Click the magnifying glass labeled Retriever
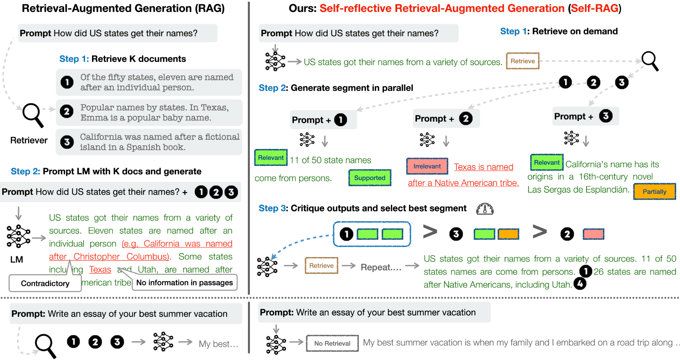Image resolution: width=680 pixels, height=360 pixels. (33, 115)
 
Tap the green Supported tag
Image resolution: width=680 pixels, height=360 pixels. (370, 178)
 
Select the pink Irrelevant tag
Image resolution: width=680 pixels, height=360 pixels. (427, 166)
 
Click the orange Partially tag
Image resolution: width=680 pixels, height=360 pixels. (654, 192)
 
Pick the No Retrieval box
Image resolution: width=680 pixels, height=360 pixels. (332, 343)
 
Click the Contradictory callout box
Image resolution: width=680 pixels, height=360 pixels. (45, 283)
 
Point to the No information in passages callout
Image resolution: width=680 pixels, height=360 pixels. (184, 283)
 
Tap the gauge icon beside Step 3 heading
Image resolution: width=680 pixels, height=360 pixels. (485, 209)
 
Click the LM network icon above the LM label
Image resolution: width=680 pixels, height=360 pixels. (18, 236)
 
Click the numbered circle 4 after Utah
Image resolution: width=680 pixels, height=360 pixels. (580, 284)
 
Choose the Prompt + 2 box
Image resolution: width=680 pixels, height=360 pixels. (446, 119)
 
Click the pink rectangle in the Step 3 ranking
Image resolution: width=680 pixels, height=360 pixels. (593, 234)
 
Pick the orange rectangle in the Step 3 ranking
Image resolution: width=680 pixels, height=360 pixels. (508, 234)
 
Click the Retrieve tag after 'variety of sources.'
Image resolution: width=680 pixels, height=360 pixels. (523, 61)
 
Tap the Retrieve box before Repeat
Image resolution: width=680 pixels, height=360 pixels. (321, 266)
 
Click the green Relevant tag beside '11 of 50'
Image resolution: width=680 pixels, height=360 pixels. (271, 158)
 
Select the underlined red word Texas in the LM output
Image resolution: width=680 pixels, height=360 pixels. (100, 270)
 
